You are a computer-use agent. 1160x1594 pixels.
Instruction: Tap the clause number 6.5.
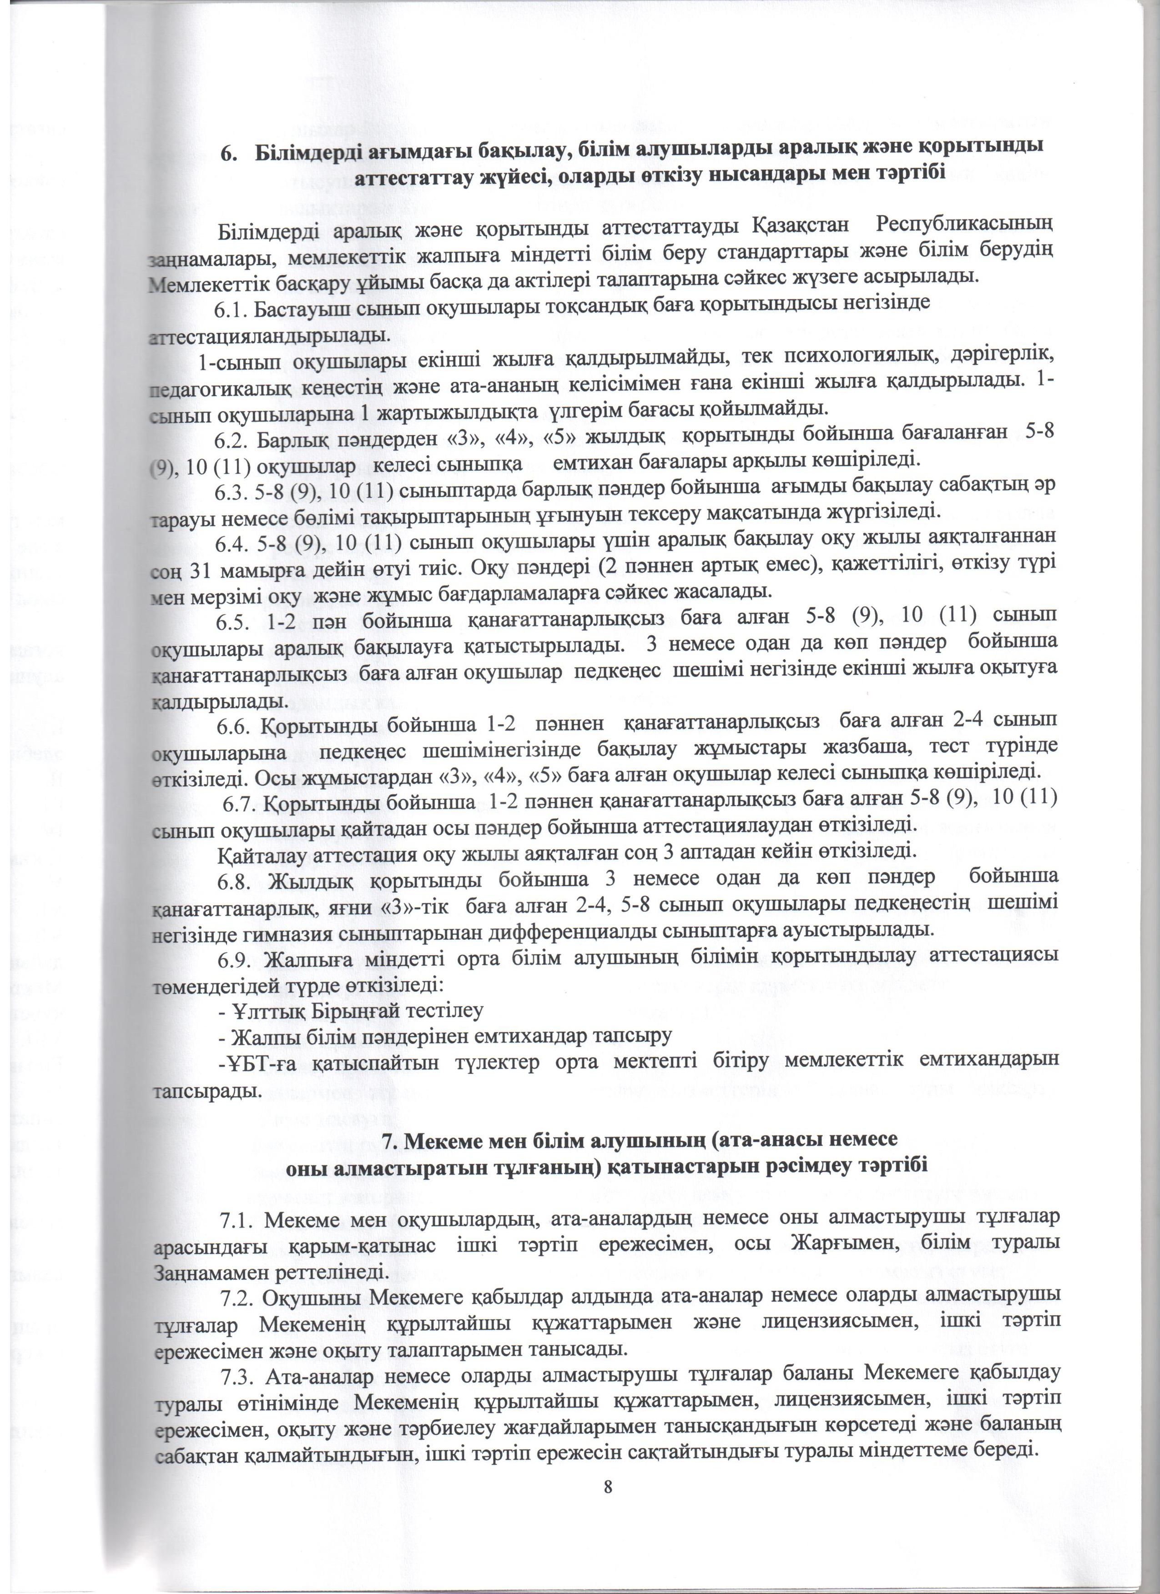tap(234, 618)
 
